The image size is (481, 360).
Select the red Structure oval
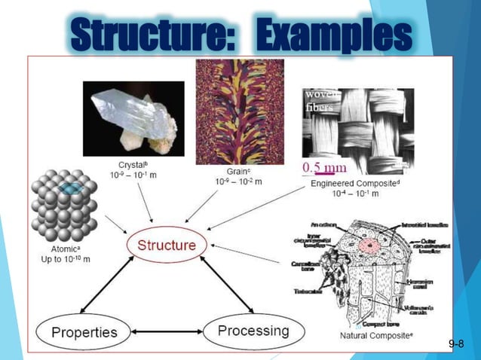click(x=166, y=245)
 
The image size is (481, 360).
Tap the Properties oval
click(x=84, y=332)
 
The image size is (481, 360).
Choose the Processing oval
click(x=253, y=331)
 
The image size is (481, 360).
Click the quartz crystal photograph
click(x=133, y=117)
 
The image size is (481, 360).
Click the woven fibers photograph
click(x=357, y=124)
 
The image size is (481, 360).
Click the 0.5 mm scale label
click(x=324, y=167)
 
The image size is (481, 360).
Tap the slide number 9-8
click(x=455, y=344)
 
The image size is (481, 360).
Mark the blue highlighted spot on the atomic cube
click(x=72, y=190)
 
